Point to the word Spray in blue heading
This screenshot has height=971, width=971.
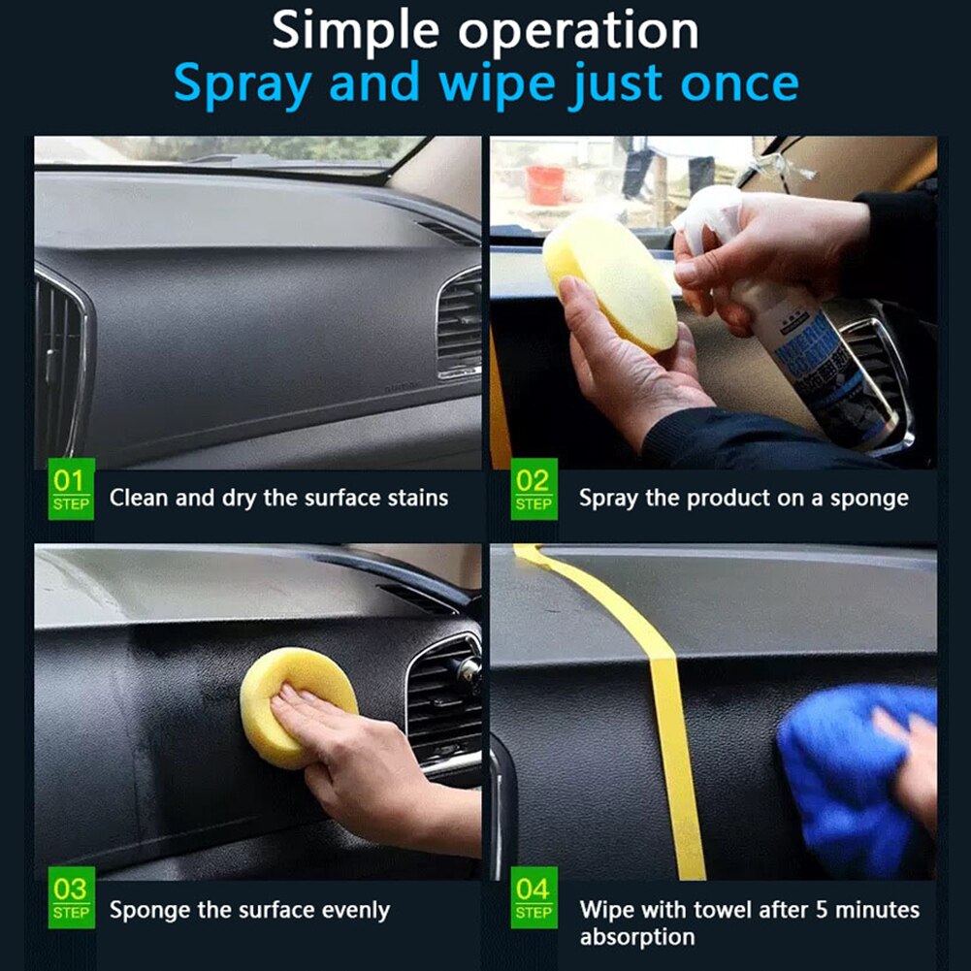(244, 84)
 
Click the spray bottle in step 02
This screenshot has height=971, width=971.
(805, 349)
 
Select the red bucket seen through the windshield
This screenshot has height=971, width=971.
(545, 185)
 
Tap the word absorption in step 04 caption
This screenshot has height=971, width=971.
(637, 937)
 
